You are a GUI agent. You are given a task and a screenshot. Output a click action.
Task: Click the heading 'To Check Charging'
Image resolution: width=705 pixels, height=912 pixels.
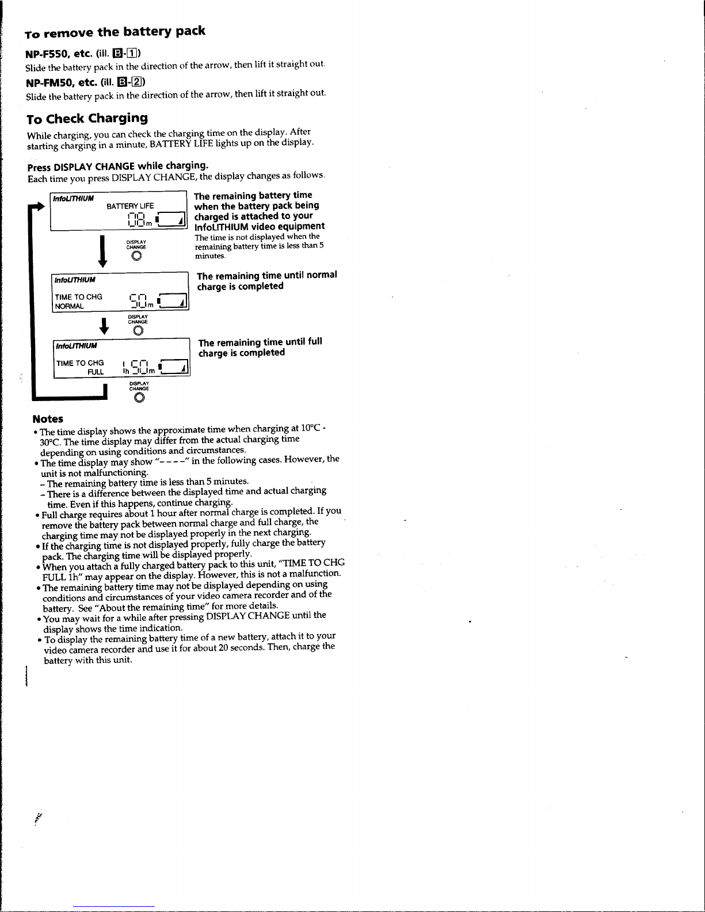pos(87,119)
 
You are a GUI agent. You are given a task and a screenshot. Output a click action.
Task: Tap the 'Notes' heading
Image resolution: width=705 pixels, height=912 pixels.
pos(48,419)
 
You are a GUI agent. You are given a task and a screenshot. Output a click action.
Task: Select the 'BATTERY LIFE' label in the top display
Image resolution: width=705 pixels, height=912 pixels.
pos(130,206)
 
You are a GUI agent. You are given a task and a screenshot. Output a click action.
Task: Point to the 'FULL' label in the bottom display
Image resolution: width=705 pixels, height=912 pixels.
pos(96,372)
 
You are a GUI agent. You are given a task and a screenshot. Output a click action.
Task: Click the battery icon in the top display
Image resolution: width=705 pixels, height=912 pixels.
pos(171,220)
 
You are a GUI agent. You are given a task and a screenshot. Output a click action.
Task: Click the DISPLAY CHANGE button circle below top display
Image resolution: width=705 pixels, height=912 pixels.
pos(136,257)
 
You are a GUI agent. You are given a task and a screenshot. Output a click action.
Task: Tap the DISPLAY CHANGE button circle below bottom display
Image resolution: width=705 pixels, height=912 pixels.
pos(139,398)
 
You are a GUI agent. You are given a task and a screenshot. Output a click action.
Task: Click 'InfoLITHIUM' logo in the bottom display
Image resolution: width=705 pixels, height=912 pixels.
pos(77,346)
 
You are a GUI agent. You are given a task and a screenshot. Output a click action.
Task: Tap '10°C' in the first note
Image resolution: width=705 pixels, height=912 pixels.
pos(310,429)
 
